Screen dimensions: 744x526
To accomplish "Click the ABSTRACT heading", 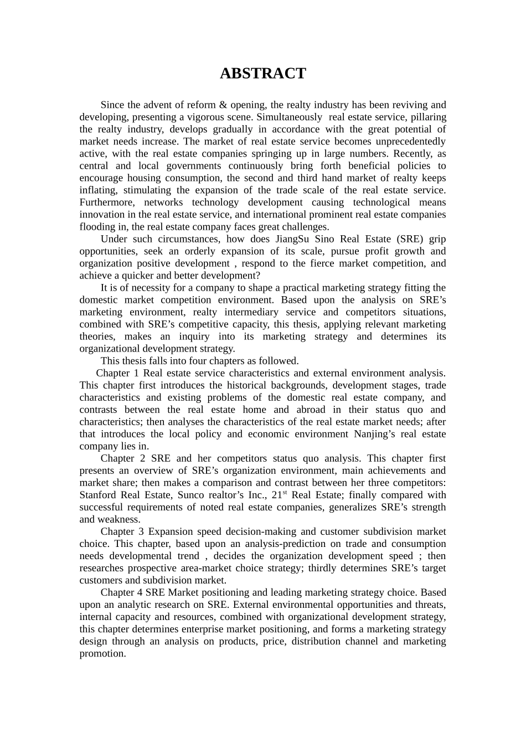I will (262, 74).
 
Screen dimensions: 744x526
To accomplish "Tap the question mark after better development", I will (257, 276).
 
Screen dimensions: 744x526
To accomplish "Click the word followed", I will (280, 361).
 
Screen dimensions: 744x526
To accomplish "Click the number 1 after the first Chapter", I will (137, 373).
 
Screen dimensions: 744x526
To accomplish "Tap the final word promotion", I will (102, 654).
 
